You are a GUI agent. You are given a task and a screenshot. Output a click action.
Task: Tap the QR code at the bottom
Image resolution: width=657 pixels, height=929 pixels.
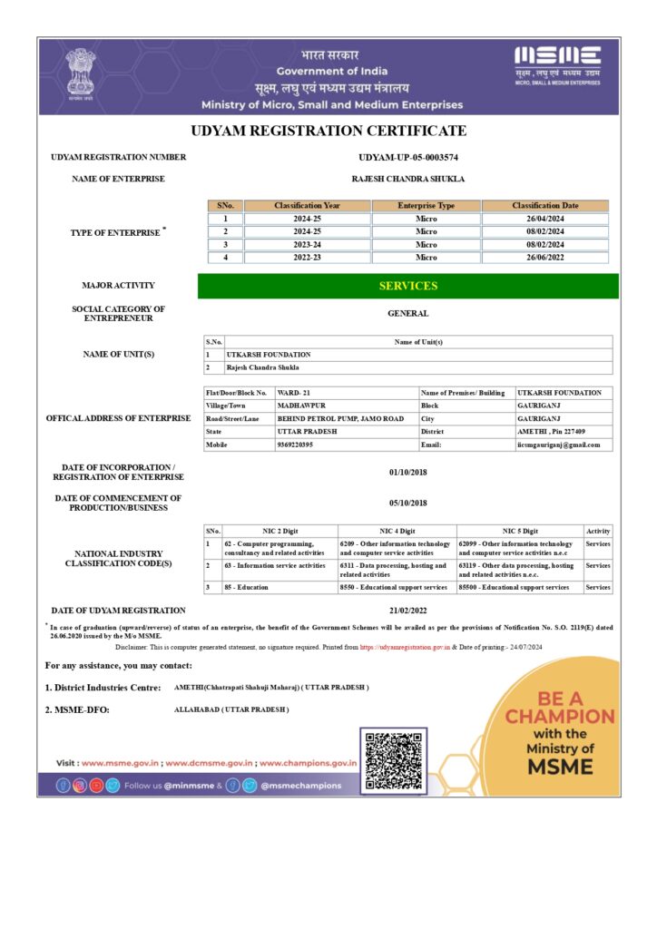[x=392, y=758]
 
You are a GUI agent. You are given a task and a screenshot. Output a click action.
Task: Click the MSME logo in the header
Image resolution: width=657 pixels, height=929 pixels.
[x=557, y=64]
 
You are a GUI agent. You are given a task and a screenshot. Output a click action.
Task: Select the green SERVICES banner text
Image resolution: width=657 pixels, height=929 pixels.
[x=407, y=286]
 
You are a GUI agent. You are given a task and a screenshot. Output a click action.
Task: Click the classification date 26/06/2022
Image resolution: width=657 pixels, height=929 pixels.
[x=544, y=258]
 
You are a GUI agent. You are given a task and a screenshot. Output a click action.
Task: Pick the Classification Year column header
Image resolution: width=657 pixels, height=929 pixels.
[x=307, y=206]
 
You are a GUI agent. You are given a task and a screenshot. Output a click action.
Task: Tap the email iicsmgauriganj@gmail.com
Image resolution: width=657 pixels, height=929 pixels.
[x=559, y=445]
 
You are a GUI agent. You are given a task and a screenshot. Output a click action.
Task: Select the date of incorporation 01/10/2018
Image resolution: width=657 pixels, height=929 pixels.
[x=407, y=472]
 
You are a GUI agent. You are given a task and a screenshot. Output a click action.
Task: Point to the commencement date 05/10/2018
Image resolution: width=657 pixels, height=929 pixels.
[x=407, y=503]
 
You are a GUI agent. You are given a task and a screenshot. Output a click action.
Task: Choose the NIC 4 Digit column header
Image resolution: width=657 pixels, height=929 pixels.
[x=397, y=531]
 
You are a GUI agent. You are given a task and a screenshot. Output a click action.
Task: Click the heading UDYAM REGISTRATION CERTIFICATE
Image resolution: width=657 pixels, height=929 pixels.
[x=328, y=131]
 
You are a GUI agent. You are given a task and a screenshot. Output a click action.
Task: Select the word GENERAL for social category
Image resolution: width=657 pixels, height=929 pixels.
[x=407, y=314]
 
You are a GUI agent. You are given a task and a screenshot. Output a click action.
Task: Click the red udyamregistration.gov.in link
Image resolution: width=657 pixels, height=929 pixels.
[x=405, y=647]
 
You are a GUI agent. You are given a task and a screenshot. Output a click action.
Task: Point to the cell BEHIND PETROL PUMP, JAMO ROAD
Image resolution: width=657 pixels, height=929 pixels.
[x=340, y=419]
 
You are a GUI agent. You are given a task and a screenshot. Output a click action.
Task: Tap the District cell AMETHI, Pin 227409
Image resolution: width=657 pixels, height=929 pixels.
[x=552, y=432]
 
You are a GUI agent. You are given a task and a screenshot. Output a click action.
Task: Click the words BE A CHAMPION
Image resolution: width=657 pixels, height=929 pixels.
[x=559, y=708]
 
